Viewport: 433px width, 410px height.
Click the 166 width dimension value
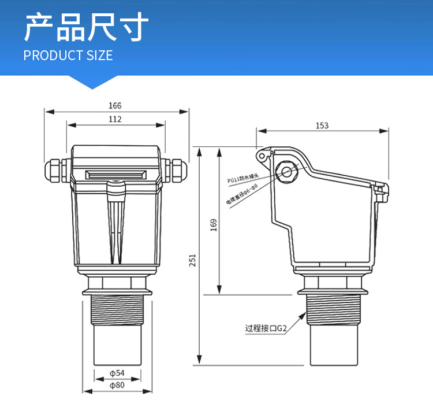coord(115,106)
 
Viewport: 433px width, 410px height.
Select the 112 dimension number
coord(115,119)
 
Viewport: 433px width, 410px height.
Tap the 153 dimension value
coord(322,125)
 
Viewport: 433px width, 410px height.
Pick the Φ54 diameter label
coord(117,373)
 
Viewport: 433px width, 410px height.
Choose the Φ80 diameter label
coord(117,385)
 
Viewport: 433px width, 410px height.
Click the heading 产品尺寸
coord(87,28)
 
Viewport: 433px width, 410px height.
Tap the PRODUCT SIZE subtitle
coord(68,56)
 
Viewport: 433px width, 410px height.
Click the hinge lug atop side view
coord(263,155)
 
